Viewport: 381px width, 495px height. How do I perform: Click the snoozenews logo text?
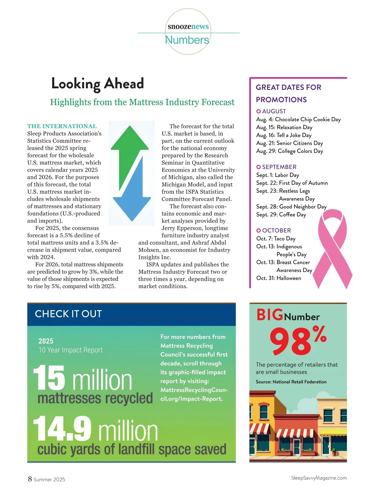[188, 26]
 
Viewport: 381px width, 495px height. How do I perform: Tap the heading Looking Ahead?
[97, 84]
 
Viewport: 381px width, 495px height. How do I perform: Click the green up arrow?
[130, 149]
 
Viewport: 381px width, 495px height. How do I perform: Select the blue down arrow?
[132, 197]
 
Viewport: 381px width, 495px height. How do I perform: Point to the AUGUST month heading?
[274, 111]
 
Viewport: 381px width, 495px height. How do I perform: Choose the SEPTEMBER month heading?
[279, 167]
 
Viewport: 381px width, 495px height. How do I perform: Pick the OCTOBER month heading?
[276, 230]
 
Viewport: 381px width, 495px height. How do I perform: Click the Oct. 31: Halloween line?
[278, 278]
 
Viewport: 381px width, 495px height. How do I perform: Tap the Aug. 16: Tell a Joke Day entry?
[284, 135]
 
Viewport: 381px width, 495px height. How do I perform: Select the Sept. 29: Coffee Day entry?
[281, 214]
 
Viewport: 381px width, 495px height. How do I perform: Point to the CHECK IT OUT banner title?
[68, 314]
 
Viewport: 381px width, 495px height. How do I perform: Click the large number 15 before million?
[49, 378]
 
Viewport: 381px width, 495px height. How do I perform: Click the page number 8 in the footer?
[30, 479]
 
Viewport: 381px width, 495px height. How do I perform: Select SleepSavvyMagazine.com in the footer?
[319, 478]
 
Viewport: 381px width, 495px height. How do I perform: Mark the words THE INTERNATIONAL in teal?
[62, 126]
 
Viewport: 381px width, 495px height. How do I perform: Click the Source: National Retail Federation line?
[291, 382]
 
